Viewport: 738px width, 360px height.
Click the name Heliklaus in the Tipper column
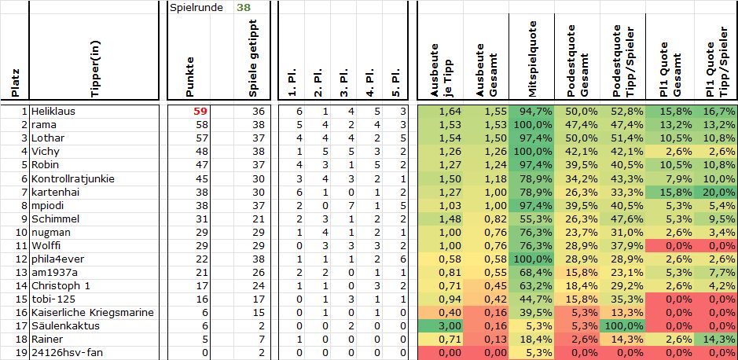click(53, 112)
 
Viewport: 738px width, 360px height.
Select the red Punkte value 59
click(201, 112)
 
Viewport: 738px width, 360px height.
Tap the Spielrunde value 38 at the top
click(244, 8)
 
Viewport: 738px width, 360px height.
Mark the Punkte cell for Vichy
click(201, 152)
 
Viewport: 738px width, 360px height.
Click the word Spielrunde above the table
click(193, 8)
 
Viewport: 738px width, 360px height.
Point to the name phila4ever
click(57, 259)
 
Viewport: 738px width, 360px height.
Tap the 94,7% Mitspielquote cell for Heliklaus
click(538, 112)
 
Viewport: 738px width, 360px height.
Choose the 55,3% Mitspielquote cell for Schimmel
click(538, 219)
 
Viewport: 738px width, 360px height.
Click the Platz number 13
click(22, 272)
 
